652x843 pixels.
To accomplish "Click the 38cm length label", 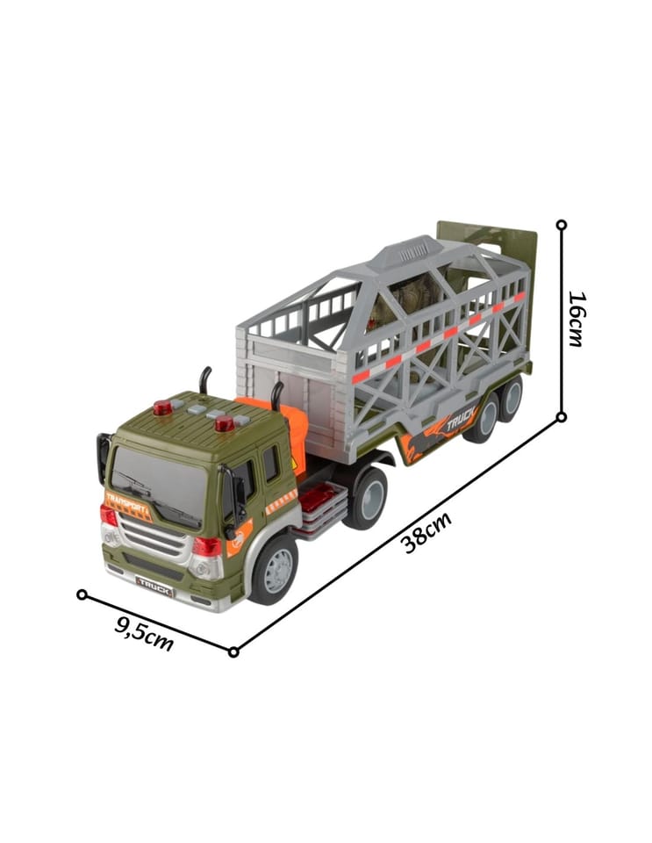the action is point(427,532).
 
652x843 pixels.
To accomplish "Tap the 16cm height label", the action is point(577,319).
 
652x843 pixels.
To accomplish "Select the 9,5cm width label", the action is point(144,633).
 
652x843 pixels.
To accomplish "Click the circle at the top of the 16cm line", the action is point(562,225).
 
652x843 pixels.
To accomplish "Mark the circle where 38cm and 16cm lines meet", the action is point(562,416).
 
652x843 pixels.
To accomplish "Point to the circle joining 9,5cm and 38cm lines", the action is point(233,652).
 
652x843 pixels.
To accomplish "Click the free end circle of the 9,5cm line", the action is point(82,594).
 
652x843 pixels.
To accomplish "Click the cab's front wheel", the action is point(275,568).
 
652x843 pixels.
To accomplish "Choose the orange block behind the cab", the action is point(276,425).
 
